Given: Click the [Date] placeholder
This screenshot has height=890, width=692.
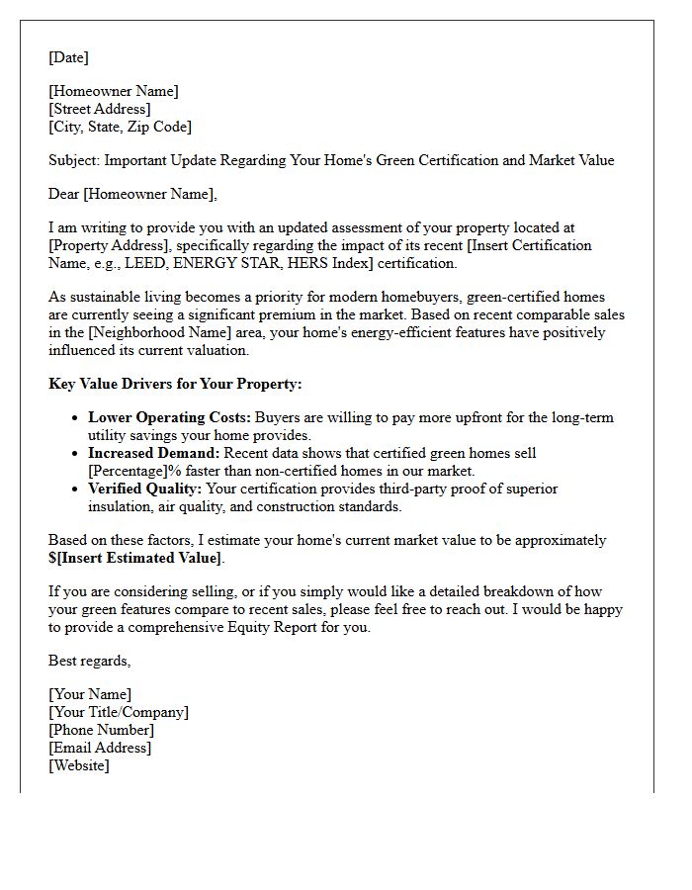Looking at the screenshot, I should coord(68,57).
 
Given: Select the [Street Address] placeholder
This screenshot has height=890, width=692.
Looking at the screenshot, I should coord(100,109).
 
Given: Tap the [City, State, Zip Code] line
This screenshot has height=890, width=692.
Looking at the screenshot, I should coord(120,127).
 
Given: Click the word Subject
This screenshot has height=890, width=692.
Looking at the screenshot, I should coord(74,160).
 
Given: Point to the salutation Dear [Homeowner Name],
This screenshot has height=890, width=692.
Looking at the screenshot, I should coord(132,194).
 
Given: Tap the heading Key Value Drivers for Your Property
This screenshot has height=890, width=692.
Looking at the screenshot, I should coord(175,384).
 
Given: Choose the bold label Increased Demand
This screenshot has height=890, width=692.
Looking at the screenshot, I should coord(153,453).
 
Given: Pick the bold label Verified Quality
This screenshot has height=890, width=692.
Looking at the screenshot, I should coord(144,489).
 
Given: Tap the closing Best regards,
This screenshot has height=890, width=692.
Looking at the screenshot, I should coord(90,661).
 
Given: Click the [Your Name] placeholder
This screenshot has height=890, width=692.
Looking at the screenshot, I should coord(90,694).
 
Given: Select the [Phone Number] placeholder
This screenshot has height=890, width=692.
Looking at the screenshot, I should coord(101,730).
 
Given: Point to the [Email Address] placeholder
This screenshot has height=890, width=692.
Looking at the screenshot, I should coord(100,748).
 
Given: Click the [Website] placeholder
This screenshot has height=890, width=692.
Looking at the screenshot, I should coord(79,765).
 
